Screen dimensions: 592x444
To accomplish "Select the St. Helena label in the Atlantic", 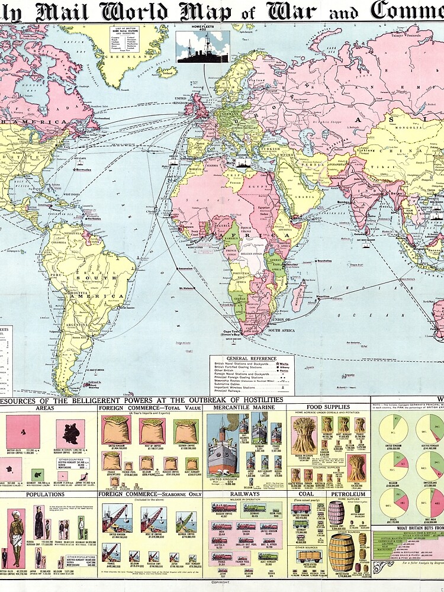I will click(188, 288).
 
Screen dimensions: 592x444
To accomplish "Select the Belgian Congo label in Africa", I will click(252, 258).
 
